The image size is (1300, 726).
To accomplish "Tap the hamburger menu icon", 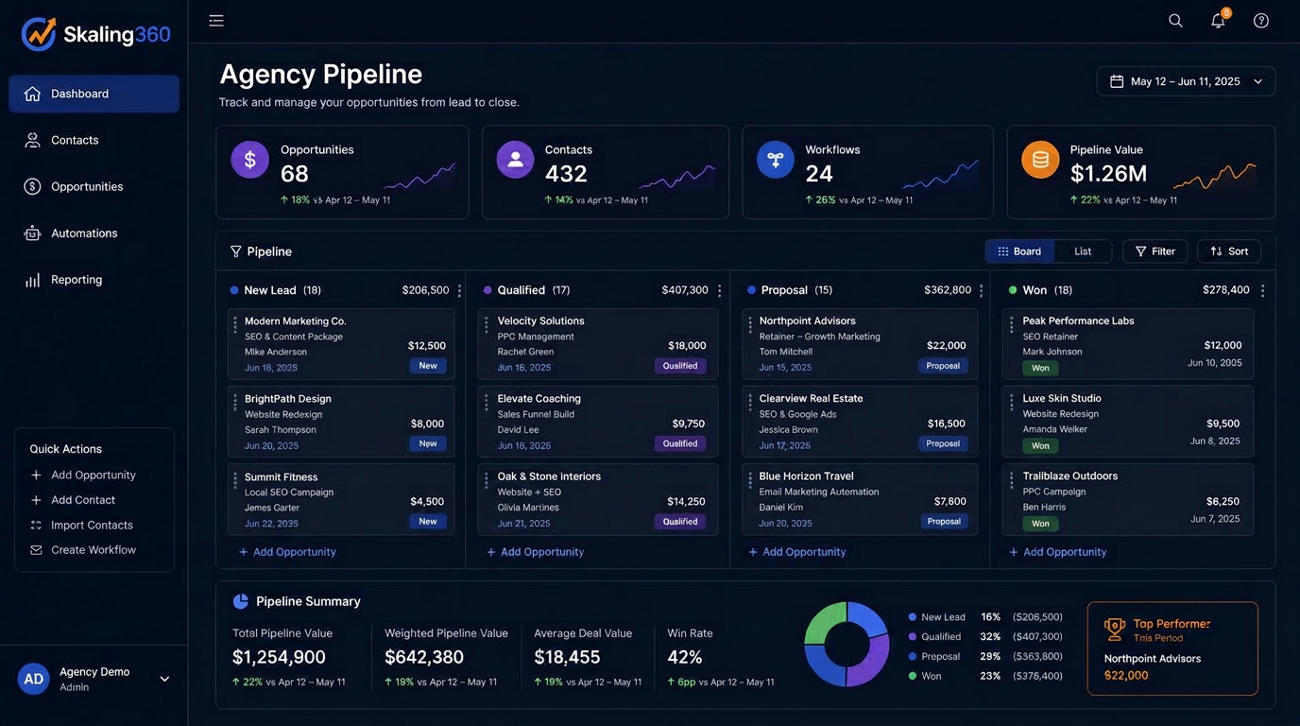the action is pos(216,21).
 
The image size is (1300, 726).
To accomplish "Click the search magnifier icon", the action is pos(1175,21).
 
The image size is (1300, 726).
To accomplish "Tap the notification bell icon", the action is pos(1218,21).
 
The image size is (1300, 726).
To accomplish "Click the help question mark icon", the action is pos(1260,21).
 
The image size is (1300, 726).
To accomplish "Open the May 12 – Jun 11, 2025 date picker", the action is pos(1186,81).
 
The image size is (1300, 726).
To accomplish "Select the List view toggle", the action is pos(1083,251).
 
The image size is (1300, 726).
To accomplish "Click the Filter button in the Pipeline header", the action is pos(1155,251).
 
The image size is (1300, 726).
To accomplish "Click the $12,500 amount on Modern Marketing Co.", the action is pos(427,346).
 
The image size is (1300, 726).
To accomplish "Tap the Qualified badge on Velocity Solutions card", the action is pos(680,366).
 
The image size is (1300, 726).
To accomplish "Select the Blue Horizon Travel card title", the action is pos(806,476).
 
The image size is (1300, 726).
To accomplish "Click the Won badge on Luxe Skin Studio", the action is pos(1040,446).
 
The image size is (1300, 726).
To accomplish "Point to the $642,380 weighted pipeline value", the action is pos(424,657).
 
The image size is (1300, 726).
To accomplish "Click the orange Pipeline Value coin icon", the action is pos(1040,160).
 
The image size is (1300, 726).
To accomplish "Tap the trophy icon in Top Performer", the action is pos(1114,629).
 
